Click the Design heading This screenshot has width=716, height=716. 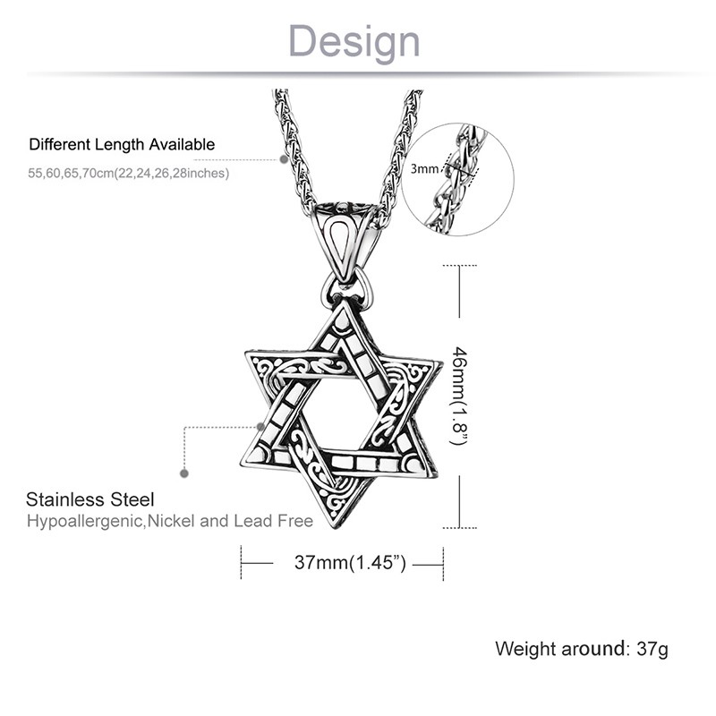354,42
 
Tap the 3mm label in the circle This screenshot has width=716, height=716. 424,169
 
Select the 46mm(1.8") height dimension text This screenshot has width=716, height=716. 459,396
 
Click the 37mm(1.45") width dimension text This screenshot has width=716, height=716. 350,563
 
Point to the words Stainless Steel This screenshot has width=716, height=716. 90,499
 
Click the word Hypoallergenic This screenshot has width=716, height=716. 85,521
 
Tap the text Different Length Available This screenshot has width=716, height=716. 122,144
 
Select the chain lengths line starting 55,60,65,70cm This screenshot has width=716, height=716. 128,174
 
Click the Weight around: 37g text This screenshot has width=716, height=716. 581,649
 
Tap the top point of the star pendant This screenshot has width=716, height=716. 343,301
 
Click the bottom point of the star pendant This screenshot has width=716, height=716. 335,527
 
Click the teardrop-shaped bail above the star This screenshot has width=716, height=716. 345,242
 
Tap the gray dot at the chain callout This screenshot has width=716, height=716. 284,159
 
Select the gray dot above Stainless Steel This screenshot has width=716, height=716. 184,473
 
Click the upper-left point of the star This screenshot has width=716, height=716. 247,353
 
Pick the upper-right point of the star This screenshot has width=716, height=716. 440,363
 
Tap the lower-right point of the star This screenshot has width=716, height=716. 436,476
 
